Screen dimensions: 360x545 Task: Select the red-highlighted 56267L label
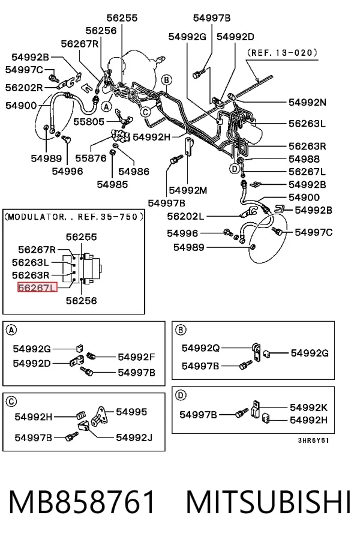(37, 288)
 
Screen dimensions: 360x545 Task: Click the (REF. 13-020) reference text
(282, 53)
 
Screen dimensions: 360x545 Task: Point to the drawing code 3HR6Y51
(313, 441)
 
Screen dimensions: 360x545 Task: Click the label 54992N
(308, 102)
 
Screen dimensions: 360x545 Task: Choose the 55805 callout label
(89, 122)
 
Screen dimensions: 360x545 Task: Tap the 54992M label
(188, 190)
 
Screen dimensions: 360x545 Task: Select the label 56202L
(185, 216)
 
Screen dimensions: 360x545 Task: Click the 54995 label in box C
(131, 412)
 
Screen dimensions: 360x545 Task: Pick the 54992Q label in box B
(200, 348)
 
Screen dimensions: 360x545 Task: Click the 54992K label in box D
(308, 408)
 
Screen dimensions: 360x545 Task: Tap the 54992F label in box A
(137, 357)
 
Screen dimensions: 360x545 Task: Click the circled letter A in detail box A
(11, 330)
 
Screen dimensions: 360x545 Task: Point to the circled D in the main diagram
(235, 169)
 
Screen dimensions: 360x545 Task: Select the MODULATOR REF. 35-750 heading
(74, 217)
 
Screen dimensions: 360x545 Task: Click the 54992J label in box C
(134, 438)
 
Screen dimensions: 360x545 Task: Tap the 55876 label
(91, 158)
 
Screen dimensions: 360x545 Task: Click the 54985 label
(112, 184)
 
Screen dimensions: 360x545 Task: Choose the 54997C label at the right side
(313, 232)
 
